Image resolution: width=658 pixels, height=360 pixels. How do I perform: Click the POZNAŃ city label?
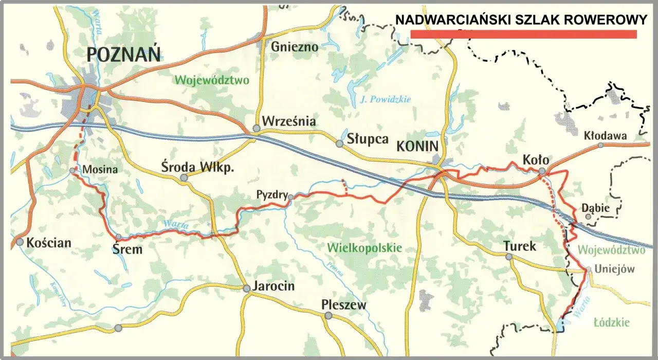pos(123,53)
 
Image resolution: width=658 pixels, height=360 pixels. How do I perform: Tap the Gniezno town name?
pos(295,46)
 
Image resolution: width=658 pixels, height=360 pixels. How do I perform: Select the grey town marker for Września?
pos(256,128)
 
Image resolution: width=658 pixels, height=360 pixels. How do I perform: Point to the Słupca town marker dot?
pos(339,144)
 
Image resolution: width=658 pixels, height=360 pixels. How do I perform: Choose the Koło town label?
pos(536,159)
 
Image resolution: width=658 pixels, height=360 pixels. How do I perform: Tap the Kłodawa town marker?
pos(600,145)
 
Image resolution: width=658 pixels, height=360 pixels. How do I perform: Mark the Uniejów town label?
pos(614,268)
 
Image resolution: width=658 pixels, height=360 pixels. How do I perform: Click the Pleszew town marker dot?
pos(328,316)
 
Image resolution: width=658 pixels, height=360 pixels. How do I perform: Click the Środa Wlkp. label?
pos(197,168)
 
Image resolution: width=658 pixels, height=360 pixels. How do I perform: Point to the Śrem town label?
pos(126,249)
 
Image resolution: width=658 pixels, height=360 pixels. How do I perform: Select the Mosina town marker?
pos(72,170)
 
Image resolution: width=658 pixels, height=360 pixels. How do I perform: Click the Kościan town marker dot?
pos(20,242)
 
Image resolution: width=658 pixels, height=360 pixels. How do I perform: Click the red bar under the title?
pos(523,34)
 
